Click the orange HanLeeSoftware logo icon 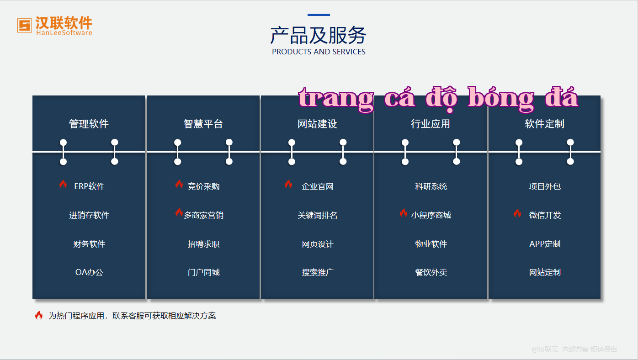pos(25,26)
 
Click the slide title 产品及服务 pos(319,35)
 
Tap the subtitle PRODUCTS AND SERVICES pos(319,52)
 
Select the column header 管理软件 pos(89,124)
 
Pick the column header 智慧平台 pos(203,124)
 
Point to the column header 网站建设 pos(317,124)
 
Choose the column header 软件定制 pos(544,124)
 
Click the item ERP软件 pos(89,186)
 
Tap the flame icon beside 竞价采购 pos(179,184)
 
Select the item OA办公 pos(89,272)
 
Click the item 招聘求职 pos(203,244)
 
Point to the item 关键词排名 pos(317,215)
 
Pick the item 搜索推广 pos(317,272)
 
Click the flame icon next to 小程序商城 pos(403,213)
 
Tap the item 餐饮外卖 pos(431,272)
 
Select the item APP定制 pos(545,244)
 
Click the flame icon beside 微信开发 pos(517,213)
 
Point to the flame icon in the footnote pos(39,315)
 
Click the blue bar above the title pos(319,15)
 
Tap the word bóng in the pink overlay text pos(501,98)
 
